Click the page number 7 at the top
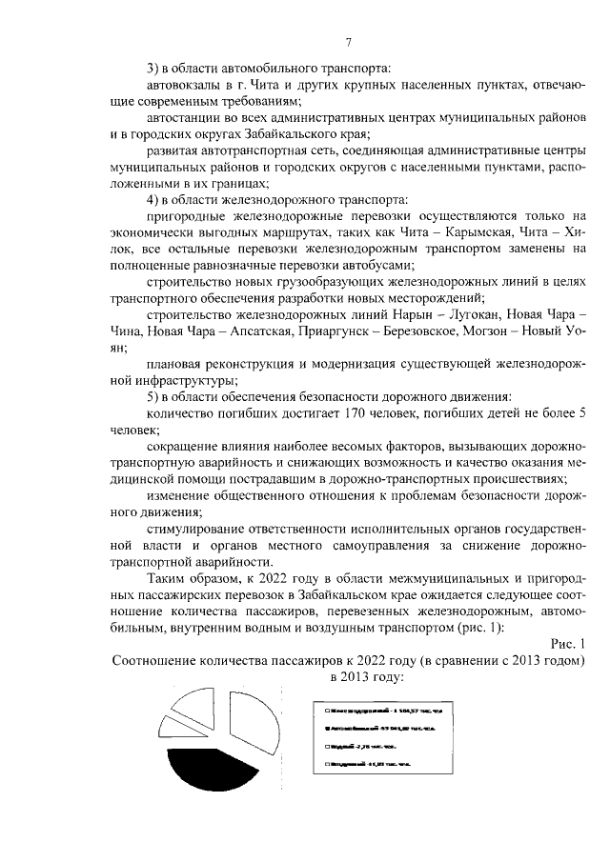pos(348,42)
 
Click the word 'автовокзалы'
pos(188,86)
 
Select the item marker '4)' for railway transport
pos(152,198)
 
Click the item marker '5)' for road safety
pos(152,395)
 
